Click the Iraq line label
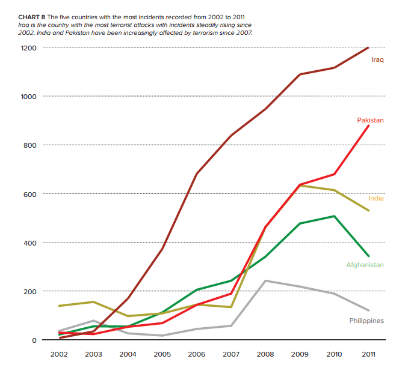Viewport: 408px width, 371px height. coord(377,59)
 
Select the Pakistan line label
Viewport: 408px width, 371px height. coord(370,121)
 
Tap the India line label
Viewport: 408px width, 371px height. coord(376,198)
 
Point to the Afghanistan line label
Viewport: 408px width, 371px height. coord(365,265)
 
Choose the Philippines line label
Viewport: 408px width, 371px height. coord(366,321)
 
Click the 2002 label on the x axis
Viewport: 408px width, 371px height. coord(59,354)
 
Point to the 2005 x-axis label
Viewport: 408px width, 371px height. coord(162,354)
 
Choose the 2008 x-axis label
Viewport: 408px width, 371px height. coord(265,354)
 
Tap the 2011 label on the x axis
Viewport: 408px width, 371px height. coord(368,354)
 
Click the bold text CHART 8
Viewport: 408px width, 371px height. coord(31,17)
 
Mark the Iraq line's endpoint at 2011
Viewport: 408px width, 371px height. coord(368,47)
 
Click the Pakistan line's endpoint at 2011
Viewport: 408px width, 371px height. coord(368,125)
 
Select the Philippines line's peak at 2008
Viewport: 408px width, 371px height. coord(265,281)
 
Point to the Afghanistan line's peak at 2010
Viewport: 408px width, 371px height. coord(334,216)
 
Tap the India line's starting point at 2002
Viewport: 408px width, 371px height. coord(59,306)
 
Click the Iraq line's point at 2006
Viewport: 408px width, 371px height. coord(196,174)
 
